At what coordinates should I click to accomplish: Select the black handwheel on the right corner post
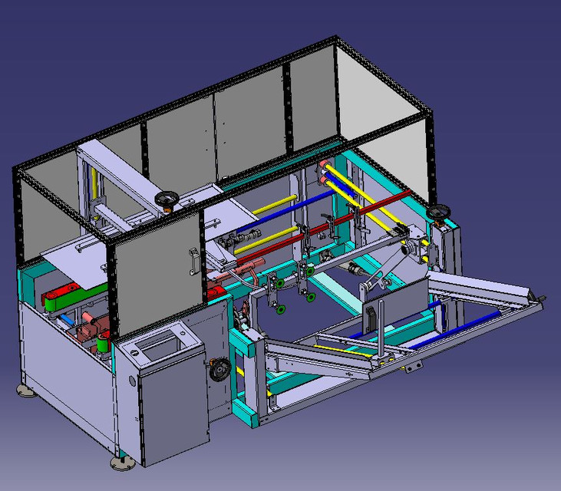[x=439, y=212]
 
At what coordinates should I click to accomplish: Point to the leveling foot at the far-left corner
[x=25, y=391]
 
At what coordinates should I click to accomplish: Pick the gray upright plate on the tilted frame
[x=399, y=307]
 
